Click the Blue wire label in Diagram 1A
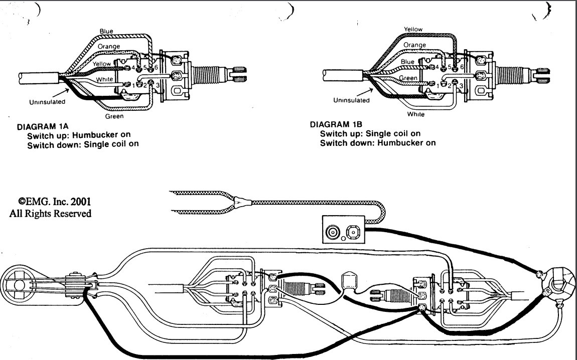tap(106, 31)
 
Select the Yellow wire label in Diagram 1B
tap(413, 29)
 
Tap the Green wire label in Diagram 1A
tap(114, 117)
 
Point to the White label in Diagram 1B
tap(416, 114)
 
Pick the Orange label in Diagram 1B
tap(414, 45)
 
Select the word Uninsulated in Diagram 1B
tap(351, 100)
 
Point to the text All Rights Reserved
tap(51, 214)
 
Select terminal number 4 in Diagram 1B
tap(437, 66)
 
